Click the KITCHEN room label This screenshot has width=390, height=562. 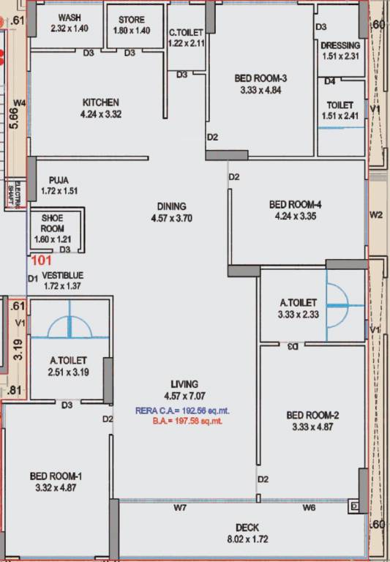point(101,102)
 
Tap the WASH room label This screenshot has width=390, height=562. point(70,17)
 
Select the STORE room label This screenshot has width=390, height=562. point(132,19)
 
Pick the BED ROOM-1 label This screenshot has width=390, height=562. point(56,476)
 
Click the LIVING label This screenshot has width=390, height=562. point(182,384)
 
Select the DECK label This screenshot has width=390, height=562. point(247,528)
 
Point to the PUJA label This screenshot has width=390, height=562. point(59,179)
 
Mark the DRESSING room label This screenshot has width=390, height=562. point(340,45)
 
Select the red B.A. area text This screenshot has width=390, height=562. point(187,421)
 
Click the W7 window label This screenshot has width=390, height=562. point(179,507)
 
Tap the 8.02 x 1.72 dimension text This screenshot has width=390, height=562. point(247,539)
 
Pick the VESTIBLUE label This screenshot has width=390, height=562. point(63,275)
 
